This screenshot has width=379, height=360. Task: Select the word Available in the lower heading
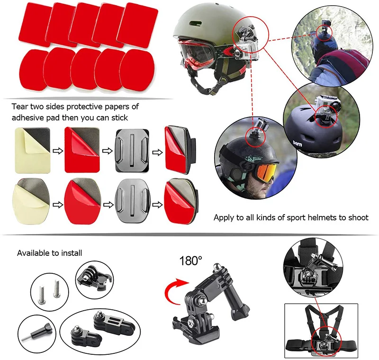(x=33, y=253)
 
